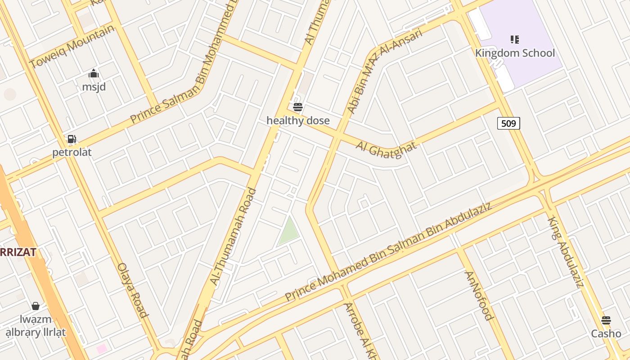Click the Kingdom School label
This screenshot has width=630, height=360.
pos(515,53)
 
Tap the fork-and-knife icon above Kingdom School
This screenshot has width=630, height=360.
pos(515,40)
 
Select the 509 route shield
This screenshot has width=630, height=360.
pos(508,123)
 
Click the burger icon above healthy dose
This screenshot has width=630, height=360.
pos(297,107)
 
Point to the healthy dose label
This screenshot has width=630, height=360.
pos(298,121)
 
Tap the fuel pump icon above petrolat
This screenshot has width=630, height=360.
pos(72,139)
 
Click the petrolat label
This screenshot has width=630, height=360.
pos(72,152)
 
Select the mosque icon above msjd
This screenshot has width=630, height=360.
pos(94,73)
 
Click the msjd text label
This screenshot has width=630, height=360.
pos(94,86)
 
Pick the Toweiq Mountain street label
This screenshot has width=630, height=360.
pos(72,46)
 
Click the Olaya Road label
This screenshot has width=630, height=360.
pos(133,290)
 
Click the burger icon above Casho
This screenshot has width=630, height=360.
pos(606,320)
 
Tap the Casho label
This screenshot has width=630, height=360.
pos(606,334)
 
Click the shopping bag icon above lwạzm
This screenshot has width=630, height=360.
pos(36,306)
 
